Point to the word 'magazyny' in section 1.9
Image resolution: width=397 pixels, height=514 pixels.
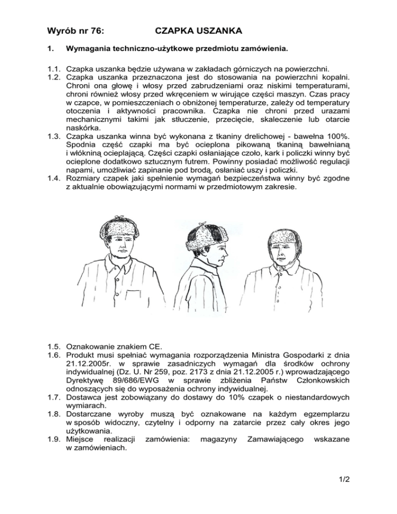coord(218,440)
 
